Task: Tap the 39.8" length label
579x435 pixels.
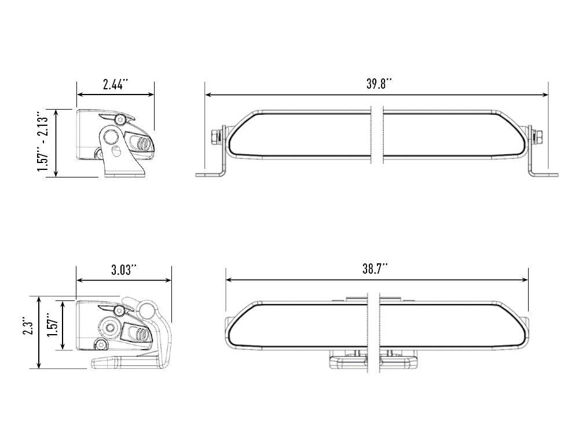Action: click(x=379, y=83)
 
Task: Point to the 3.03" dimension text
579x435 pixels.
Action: click(x=123, y=270)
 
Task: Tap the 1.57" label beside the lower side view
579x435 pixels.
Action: click(x=53, y=327)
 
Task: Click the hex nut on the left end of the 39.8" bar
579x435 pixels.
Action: click(x=215, y=136)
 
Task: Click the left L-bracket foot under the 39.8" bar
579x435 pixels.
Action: click(x=208, y=173)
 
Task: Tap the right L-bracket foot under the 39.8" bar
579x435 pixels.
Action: click(x=544, y=173)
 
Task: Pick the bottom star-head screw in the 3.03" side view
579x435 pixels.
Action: click(x=102, y=345)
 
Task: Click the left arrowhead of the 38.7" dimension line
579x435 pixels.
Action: click(x=229, y=280)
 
